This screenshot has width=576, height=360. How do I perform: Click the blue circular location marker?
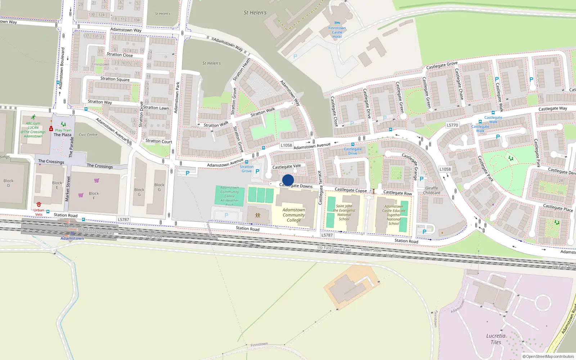288,180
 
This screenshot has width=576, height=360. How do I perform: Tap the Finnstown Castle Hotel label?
337,32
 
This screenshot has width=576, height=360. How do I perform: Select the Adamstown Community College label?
294,215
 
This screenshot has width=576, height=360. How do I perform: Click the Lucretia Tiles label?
496,339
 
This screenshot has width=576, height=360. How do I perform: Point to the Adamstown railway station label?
72,238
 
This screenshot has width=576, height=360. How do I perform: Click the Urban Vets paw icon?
39,204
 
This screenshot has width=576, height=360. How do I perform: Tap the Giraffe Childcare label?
432,190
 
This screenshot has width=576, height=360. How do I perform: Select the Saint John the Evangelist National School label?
344,212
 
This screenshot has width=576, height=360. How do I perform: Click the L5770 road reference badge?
452,125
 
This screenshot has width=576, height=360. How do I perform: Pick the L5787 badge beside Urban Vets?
123,219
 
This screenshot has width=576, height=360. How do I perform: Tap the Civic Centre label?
88,135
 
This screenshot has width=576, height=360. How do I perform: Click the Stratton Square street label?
115,79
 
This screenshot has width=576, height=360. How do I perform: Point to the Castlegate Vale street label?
287,166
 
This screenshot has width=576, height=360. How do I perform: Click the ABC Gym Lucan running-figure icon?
33,117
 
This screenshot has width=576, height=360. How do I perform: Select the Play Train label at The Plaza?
63,130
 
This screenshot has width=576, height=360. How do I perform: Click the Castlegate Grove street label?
442,66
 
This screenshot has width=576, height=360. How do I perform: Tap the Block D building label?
8,183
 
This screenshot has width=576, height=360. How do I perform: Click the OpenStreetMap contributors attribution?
548,356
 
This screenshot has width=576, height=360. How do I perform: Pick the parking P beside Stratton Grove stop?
257,171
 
